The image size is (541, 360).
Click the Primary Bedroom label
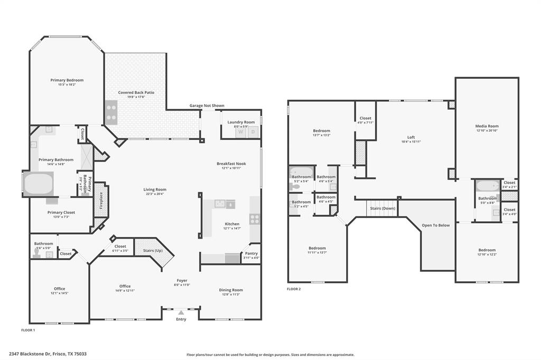coord(67,80)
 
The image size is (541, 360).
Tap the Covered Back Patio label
coord(136,92)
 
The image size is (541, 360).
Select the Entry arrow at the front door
coord(181,313)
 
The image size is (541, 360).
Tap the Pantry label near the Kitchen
coord(251,253)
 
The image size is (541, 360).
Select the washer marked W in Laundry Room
coord(240,132)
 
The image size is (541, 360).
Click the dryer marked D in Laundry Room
coord(253,132)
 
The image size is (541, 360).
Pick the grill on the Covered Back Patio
coord(111,112)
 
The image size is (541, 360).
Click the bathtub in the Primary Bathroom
coord(38,184)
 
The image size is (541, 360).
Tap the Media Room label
coord(487,126)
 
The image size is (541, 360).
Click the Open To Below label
coord(436,225)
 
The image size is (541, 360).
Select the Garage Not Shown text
coord(207,106)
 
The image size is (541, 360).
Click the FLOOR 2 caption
coord(294,289)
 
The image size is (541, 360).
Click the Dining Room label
coord(231,290)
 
